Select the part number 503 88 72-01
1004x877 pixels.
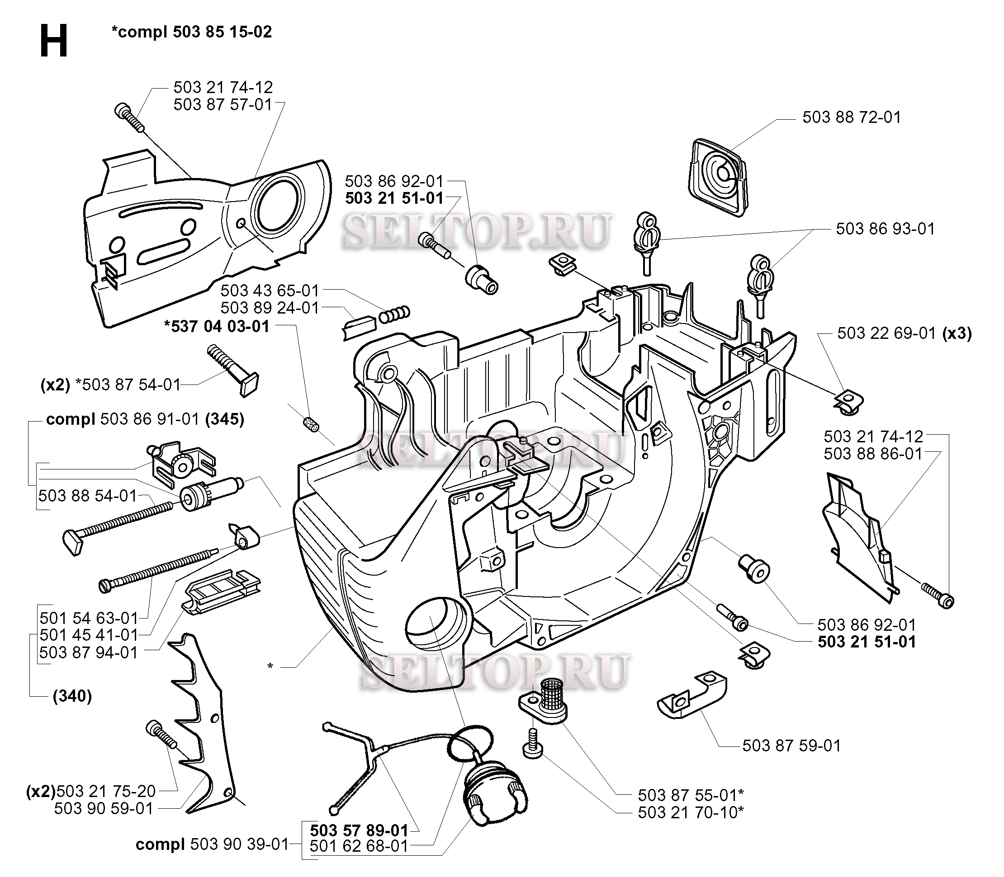click(x=851, y=117)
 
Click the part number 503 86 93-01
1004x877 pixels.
click(x=885, y=229)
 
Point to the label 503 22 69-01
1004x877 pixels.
click(x=886, y=333)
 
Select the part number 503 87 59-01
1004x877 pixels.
click(x=791, y=746)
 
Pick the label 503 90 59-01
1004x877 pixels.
click(x=104, y=808)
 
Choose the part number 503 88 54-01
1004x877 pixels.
click(x=88, y=496)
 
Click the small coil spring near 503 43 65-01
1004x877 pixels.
click(x=395, y=314)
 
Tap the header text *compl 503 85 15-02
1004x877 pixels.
click(x=191, y=32)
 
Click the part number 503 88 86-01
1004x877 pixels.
click(x=873, y=454)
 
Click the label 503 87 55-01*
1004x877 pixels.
click(x=691, y=795)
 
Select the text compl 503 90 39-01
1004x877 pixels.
click(x=212, y=845)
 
